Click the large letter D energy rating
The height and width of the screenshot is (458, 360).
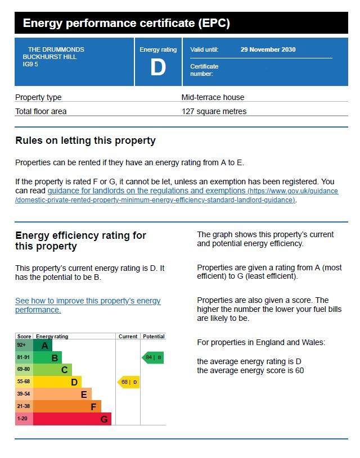click(158, 67)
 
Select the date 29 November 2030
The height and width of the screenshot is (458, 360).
click(268, 49)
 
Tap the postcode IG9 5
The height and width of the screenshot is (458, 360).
click(30, 64)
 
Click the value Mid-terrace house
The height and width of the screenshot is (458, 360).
click(213, 97)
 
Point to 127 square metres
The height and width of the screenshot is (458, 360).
click(214, 111)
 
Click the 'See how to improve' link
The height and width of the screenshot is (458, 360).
click(88, 305)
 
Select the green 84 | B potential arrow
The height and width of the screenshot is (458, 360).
click(152, 357)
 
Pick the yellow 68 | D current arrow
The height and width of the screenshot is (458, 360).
click(128, 382)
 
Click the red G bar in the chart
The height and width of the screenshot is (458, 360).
click(72, 419)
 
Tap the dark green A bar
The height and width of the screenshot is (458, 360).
click(43, 346)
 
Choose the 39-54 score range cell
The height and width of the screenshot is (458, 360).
click(24, 394)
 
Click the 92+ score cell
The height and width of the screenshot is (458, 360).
click(24, 345)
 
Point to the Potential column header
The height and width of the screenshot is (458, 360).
click(154, 336)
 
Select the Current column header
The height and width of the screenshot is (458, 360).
click(128, 336)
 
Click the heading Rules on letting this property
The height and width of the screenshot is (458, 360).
click(85, 141)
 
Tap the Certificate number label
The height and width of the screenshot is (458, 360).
click(204, 70)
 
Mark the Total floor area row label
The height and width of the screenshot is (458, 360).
click(41, 111)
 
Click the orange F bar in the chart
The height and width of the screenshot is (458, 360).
click(67, 406)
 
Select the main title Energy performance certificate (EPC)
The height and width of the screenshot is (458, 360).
click(127, 23)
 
